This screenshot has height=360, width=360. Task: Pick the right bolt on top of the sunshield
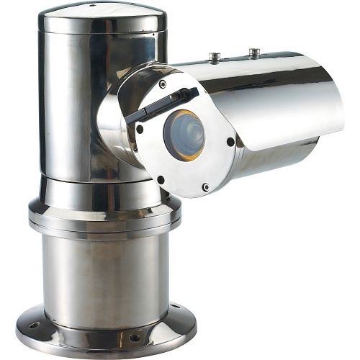(x=253, y=51)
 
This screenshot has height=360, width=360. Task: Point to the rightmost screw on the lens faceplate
(x=230, y=141)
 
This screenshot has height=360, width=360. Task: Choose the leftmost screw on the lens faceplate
(x=140, y=129)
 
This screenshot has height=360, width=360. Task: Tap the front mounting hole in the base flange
(x=134, y=337)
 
